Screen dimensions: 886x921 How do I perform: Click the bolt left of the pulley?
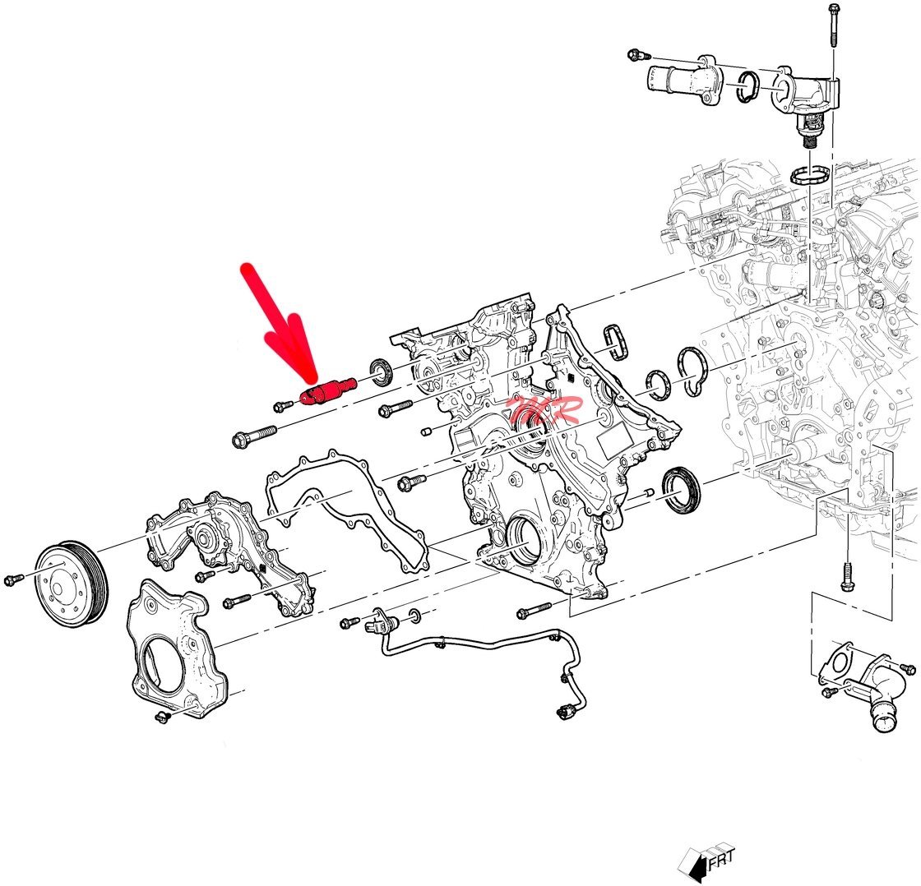click(x=12, y=580)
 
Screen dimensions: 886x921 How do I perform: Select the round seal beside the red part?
click(x=382, y=372)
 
